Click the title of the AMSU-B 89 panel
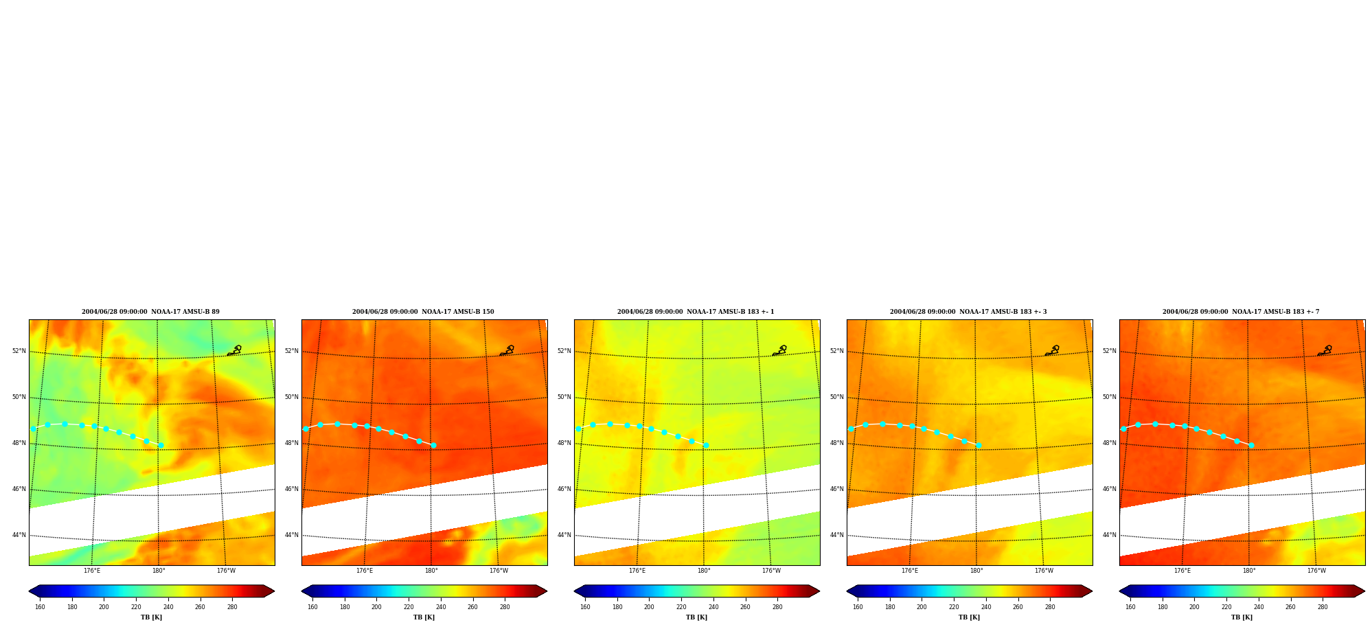click(150, 312)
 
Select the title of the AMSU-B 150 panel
click(423, 312)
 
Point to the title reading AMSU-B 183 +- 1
click(696, 312)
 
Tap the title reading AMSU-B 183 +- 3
click(968, 312)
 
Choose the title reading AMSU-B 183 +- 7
click(1241, 312)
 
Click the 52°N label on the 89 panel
click(19, 351)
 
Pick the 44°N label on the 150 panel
click(291, 535)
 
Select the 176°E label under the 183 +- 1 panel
click(637, 571)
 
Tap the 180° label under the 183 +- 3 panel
click(976, 571)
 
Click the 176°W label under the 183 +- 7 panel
click(1316, 571)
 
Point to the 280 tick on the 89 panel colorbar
click(232, 607)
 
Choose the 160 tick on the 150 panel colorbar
click(312, 607)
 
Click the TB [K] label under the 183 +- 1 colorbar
click(697, 617)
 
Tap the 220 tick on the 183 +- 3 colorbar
click(954, 607)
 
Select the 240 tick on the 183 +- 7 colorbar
click(1259, 607)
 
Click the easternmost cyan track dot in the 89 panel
click(161, 445)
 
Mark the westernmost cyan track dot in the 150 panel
click(306, 429)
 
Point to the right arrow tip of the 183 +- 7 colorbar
click(1364, 591)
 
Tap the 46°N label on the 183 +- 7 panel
click(1109, 489)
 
